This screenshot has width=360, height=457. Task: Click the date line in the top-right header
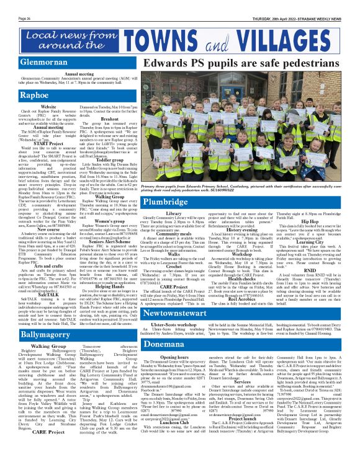tap(300, 4)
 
